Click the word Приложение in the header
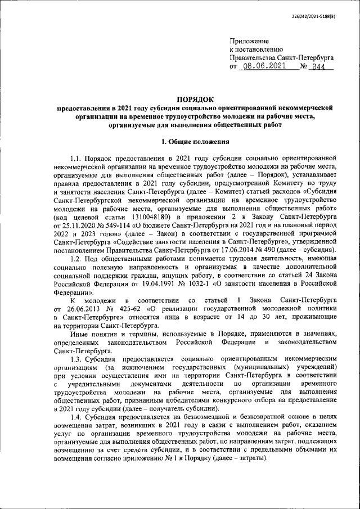tap(249, 41)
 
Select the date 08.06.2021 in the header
tap(262, 66)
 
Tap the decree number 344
tap(321, 66)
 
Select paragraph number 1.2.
tap(78, 257)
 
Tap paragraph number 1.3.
tap(78, 358)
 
